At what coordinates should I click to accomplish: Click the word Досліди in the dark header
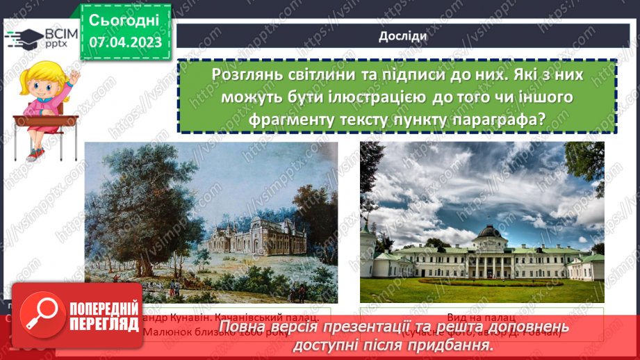tap(398, 37)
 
